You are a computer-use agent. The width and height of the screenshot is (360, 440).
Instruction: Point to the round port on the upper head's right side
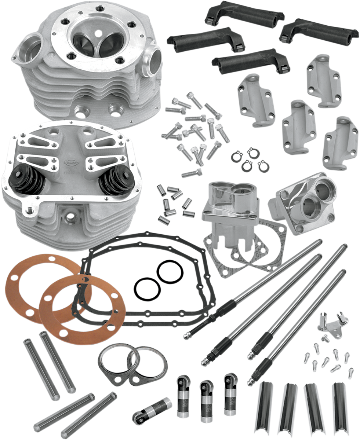[x=151, y=57]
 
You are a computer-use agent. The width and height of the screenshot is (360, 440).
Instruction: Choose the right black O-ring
[x=169, y=273]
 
